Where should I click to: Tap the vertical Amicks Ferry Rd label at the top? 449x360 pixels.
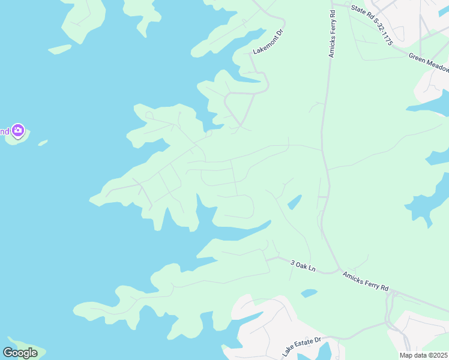(x=331, y=34)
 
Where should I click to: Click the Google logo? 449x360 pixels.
(x=20, y=352)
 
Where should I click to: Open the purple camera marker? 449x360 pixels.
(x=18, y=130)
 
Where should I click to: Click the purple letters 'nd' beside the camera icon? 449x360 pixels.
(x=4, y=131)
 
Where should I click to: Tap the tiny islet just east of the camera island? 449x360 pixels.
(x=43, y=143)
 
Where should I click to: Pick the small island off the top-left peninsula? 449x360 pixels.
(x=59, y=49)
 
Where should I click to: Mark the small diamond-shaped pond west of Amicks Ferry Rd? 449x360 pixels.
(x=294, y=202)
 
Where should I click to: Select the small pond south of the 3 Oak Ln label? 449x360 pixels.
(x=309, y=293)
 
